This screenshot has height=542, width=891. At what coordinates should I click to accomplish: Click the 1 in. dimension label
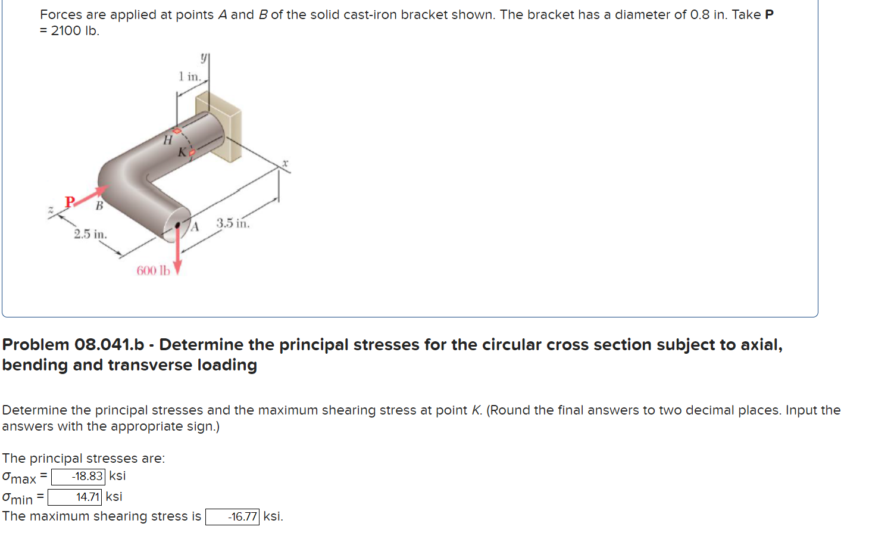[189, 76]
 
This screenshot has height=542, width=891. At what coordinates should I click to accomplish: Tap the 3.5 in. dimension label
[233, 223]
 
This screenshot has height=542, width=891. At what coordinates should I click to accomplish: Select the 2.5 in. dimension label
[90, 234]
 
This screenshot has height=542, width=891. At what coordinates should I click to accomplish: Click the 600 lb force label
[153, 271]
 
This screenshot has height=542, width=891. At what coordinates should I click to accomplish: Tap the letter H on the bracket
[168, 141]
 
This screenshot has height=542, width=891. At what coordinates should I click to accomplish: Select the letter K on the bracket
[182, 152]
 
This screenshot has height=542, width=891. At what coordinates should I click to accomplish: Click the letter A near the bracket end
[194, 226]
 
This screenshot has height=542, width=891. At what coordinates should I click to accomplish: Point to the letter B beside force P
[99, 206]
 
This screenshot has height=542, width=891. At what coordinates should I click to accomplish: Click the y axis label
[204, 57]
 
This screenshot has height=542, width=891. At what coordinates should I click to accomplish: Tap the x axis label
[285, 163]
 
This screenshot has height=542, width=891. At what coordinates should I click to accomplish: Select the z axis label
[51, 210]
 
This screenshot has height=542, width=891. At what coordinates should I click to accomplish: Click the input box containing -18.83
[78, 476]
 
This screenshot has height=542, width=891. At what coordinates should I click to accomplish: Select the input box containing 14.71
[74, 497]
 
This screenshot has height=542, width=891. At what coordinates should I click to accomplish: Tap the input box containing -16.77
[232, 517]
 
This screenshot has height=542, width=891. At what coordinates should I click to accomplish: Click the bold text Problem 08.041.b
[73, 345]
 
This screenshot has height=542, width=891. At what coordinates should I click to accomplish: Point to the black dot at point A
[177, 225]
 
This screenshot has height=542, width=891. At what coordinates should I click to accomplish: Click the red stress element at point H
[177, 130]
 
